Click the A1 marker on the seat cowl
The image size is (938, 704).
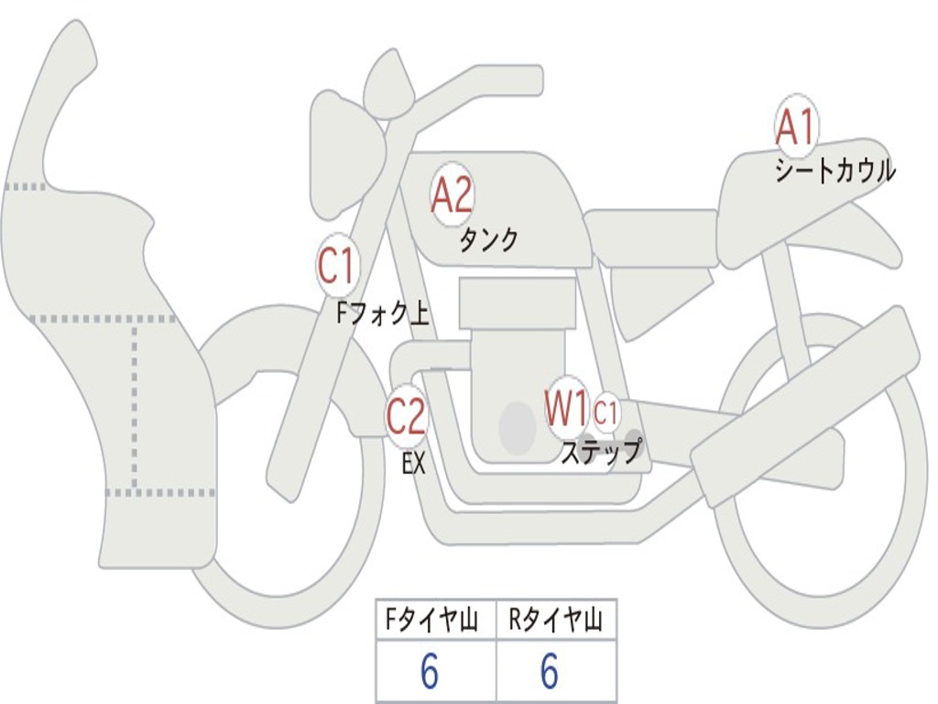pyautogui.click(x=795, y=127)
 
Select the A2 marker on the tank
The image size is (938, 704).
pyautogui.click(x=452, y=195)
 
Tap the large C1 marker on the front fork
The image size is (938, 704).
pyautogui.click(x=336, y=267)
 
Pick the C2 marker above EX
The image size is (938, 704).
pyautogui.click(x=406, y=417)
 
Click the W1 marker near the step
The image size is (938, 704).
pyautogui.click(x=567, y=409)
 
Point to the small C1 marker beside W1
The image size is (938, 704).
pyautogui.click(x=605, y=413)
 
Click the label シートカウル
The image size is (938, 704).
pyautogui.click(x=834, y=171)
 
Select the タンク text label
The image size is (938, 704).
pyautogui.click(x=488, y=240)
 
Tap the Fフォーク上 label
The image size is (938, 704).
pyautogui.click(x=383, y=314)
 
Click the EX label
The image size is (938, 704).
pyautogui.click(x=414, y=464)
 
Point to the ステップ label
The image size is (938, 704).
pyautogui.click(x=601, y=453)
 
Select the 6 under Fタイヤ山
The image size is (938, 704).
pyautogui.click(x=429, y=673)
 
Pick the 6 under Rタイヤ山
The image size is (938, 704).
pyautogui.click(x=549, y=673)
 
